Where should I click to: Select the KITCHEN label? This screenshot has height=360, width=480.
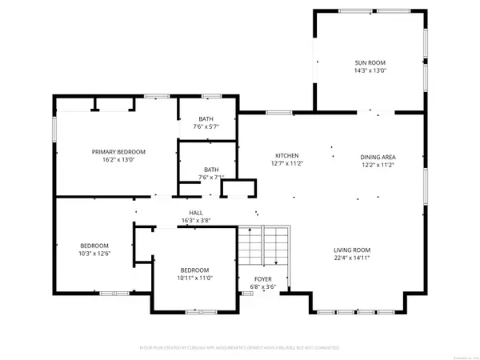(x=287, y=155)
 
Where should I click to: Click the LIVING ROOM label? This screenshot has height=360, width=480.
(x=351, y=249)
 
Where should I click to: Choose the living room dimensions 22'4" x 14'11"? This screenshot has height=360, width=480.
(x=351, y=258)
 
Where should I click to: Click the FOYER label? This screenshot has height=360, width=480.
(x=262, y=279)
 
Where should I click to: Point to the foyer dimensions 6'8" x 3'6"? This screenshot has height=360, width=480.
(x=262, y=287)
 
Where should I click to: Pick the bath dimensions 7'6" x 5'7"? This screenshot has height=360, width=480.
(x=206, y=126)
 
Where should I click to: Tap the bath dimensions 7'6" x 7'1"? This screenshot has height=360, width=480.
(x=211, y=178)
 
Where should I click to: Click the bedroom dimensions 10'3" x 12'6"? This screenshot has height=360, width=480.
(x=94, y=254)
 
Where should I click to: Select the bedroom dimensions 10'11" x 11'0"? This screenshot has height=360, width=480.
(x=194, y=278)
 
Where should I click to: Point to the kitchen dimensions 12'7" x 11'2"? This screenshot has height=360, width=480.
(x=287, y=164)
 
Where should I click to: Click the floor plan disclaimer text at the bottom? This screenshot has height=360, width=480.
(x=240, y=349)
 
